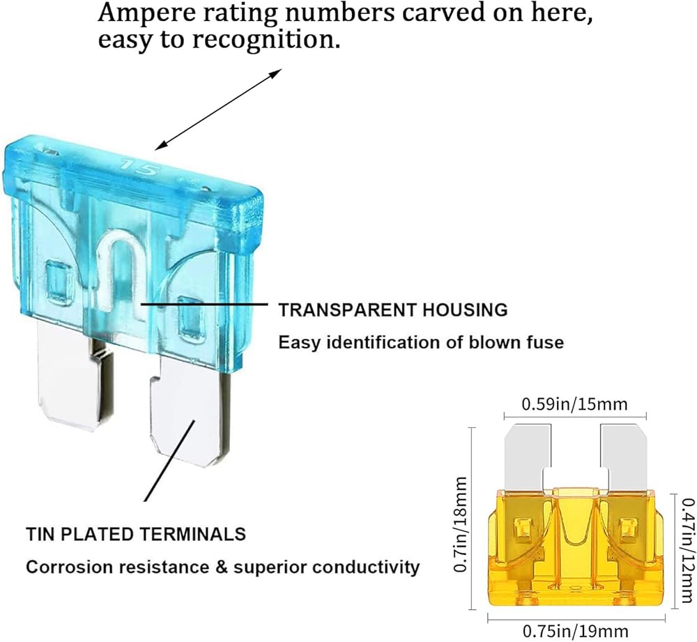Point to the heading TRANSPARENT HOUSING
[x=393, y=309]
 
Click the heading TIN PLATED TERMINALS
[x=136, y=534]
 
